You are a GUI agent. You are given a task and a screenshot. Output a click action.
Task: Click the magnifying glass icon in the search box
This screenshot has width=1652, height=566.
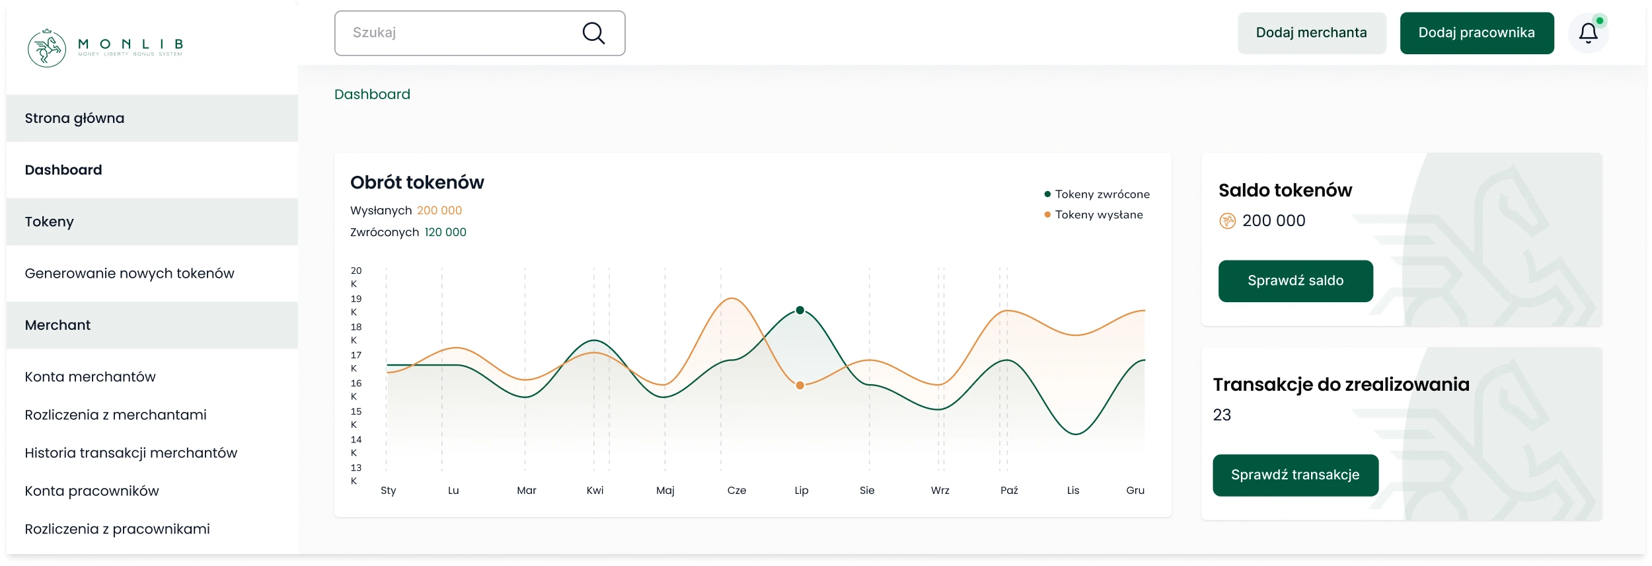tap(593, 33)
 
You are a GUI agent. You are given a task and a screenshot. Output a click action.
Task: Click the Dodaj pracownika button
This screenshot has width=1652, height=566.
tap(1476, 33)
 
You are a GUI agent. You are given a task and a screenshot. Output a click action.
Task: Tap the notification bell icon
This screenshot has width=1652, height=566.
tap(1588, 33)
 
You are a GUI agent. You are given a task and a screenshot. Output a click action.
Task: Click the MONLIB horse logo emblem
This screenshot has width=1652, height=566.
tap(47, 48)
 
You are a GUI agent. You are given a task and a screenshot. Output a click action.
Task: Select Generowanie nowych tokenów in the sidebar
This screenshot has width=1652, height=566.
tap(130, 274)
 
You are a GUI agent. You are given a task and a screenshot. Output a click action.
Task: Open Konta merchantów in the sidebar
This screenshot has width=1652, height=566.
tap(91, 377)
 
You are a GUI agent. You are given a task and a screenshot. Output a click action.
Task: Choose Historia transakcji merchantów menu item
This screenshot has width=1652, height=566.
tap(131, 453)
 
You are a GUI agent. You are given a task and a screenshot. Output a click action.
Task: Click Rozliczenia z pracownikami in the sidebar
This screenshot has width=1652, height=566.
tap(118, 529)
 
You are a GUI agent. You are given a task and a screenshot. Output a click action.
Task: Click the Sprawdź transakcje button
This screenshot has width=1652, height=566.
tap(1295, 475)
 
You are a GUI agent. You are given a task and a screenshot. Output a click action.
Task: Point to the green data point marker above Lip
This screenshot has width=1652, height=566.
tap(800, 310)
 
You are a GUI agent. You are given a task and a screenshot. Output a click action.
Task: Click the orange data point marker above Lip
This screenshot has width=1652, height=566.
tap(800, 385)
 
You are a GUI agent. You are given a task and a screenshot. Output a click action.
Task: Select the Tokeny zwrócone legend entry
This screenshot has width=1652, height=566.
tap(1102, 194)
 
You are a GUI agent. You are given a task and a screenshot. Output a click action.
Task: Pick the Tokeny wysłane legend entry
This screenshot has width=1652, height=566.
tap(1098, 215)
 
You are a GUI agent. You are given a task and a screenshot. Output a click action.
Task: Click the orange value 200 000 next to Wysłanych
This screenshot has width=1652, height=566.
tap(439, 210)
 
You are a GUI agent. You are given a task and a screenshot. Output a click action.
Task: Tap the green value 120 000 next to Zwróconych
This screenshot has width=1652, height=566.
tap(445, 232)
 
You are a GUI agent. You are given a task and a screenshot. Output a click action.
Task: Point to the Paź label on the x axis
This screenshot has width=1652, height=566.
tap(1009, 491)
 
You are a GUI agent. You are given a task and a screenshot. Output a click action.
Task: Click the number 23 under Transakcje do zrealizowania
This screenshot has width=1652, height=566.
tap(1222, 415)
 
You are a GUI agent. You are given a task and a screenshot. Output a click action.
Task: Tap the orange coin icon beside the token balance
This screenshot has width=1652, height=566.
tap(1227, 221)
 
